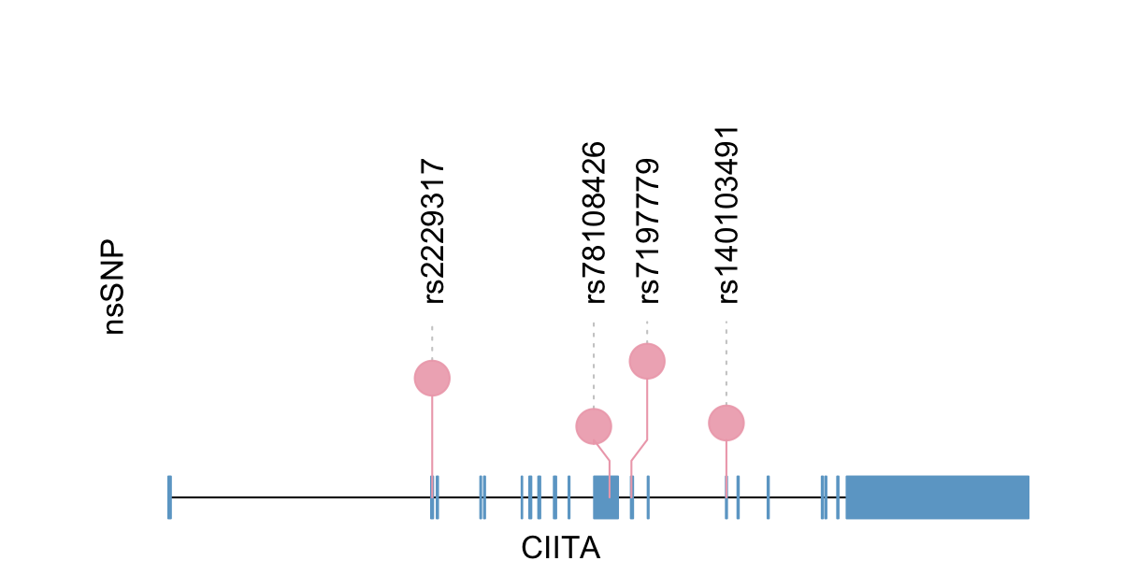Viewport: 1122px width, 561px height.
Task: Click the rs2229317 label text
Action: pyautogui.click(x=433, y=231)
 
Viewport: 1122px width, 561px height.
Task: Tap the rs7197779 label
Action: pyautogui.click(x=648, y=230)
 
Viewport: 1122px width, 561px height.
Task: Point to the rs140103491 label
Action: pyautogui.click(x=727, y=215)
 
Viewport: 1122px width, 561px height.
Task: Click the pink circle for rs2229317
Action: pyautogui.click(x=432, y=378)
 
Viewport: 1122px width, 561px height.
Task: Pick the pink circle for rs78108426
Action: pyautogui.click(x=593, y=426)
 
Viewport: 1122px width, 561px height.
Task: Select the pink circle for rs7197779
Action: pyautogui.click(x=647, y=361)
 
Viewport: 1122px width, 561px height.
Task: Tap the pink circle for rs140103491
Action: pyautogui.click(x=726, y=423)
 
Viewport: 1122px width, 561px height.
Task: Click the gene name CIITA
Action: pyautogui.click(x=561, y=547)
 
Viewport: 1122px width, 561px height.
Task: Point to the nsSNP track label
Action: pyautogui.click(x=114, y=289)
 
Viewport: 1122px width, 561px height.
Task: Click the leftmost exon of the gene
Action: pyautogui.click(x=169, y=496)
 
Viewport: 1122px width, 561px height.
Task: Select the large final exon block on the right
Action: pyautogui.click(x=937, y=496)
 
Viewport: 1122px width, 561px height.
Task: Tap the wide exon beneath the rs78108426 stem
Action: pyautogui.click(x=605, y=496)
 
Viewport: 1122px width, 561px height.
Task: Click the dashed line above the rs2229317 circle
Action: pyautogui.click(x=432, y=342)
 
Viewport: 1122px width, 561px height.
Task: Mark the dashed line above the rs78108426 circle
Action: pyautogui.click(x=593, y=365)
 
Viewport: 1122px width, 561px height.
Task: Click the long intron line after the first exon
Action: pyautogui.click(x=299, y=496)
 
